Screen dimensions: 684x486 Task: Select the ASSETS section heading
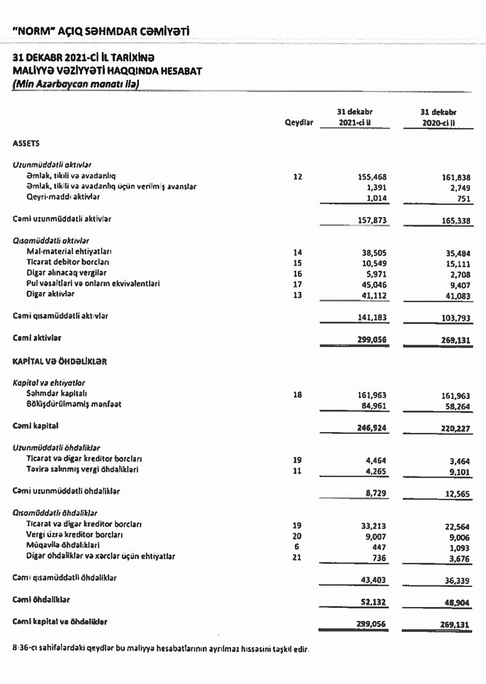tap(26, 143)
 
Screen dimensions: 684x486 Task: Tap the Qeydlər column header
tap(298, 122)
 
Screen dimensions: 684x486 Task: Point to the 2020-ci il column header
tap(438, 122)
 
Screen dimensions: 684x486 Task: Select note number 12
tap(297, 177)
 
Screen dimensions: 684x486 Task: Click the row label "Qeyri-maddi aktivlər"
tap(62, 197)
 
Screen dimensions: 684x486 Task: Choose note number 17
tap(297, 284)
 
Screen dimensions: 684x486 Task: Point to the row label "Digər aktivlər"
tap(50, 294)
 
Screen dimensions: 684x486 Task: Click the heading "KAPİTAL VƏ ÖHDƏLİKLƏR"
tap(60, 361)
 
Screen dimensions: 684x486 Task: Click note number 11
tap(297, 470)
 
